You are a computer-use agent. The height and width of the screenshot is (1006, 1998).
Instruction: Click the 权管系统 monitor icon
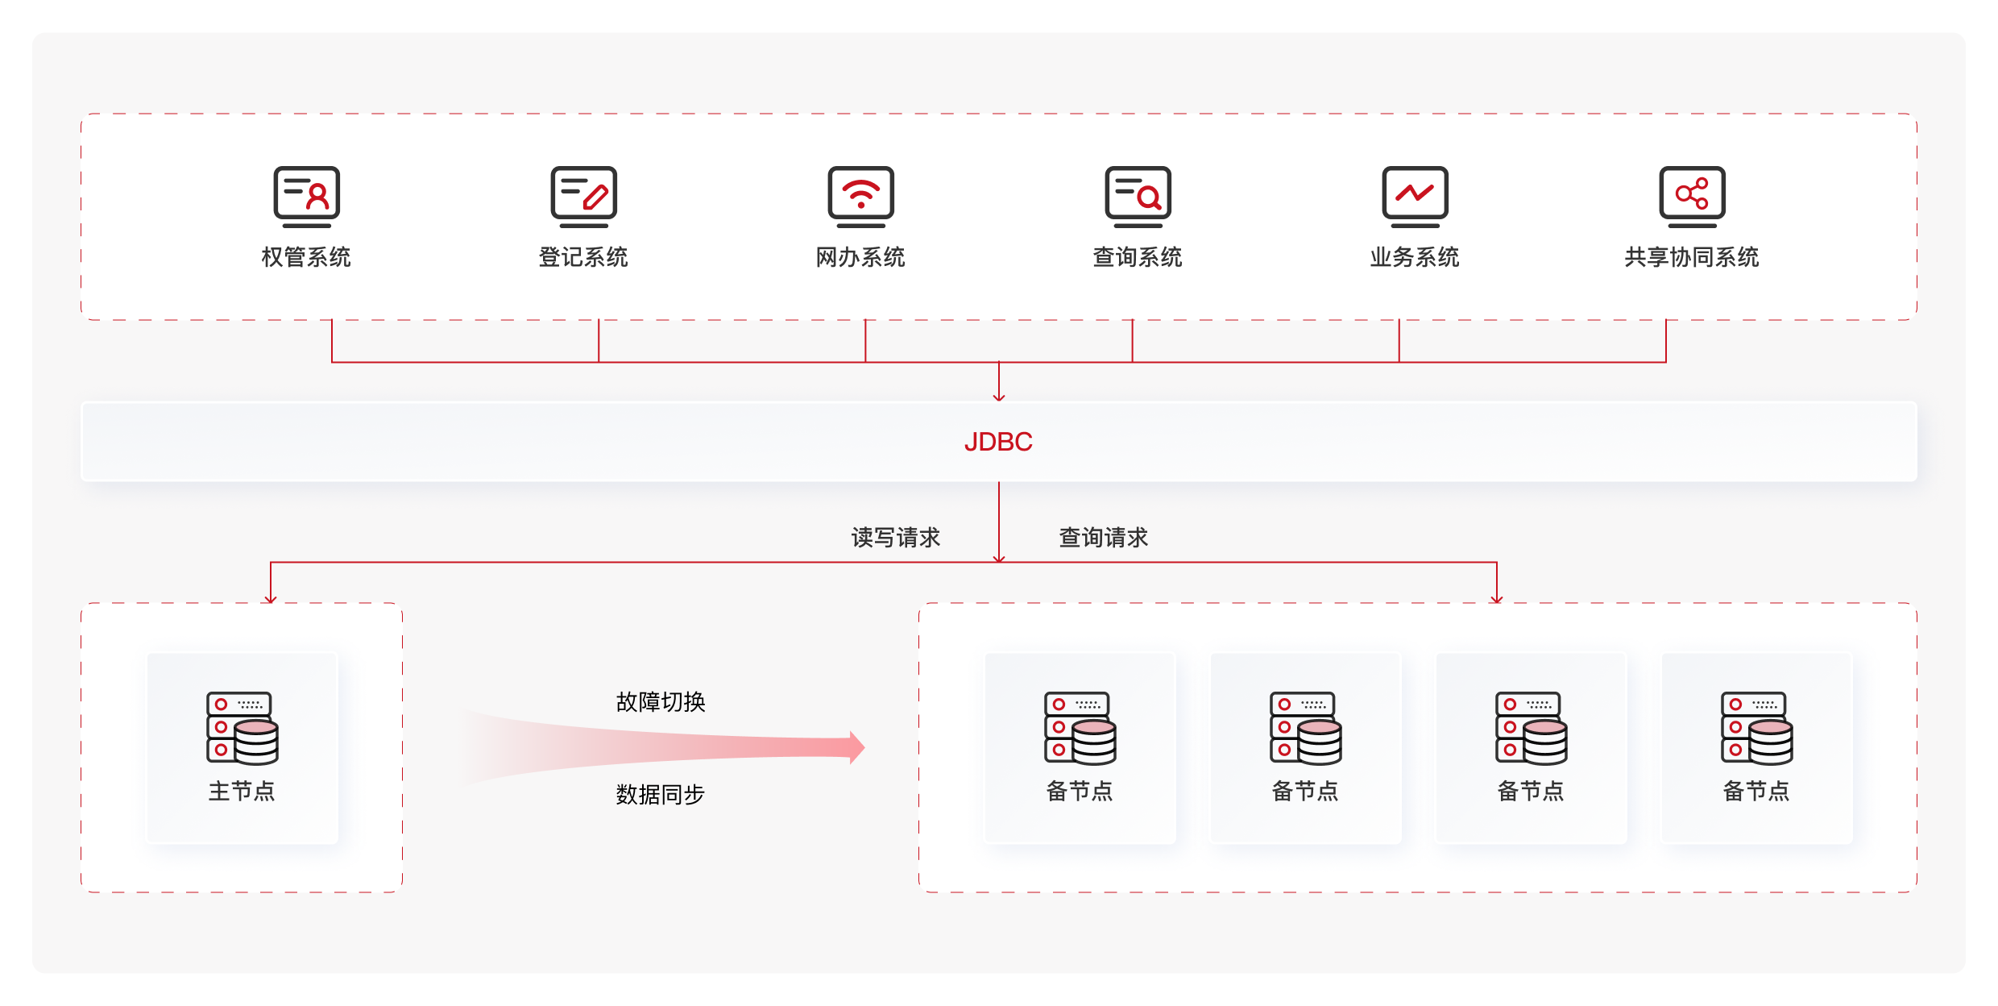pos(306,197)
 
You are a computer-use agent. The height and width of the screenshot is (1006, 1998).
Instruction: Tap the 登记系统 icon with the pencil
pos(583,197)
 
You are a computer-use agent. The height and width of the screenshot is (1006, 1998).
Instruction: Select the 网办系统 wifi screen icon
pos(860,197)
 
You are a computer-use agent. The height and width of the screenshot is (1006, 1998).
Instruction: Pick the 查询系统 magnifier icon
pos(1138,197)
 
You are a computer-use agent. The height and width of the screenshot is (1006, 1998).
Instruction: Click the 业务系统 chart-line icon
pos(1415,197)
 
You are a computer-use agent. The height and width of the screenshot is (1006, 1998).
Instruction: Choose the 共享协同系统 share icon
pos(1692,197)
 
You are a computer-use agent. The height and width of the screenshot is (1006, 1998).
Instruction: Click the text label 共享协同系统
pos(1692,257)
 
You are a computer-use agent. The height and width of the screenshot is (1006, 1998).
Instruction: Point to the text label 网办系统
pos(860,257)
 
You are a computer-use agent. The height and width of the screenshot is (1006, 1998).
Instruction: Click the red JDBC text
pos(998,442)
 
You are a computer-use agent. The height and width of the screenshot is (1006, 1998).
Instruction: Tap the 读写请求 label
pos(896,538)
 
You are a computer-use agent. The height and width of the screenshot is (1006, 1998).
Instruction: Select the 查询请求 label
pos(1104,538)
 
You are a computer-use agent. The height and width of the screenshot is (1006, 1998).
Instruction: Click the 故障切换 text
pos(661,702)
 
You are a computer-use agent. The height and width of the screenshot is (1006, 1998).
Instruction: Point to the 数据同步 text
pos(661,795)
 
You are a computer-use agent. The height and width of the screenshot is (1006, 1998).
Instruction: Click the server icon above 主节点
pos(242,728)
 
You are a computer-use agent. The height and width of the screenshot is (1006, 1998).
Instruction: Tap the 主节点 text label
pos(242,792)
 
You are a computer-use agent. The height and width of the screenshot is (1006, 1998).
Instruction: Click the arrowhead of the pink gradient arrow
pos(857,747)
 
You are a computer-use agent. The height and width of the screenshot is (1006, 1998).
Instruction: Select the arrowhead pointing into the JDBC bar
pos(999,397)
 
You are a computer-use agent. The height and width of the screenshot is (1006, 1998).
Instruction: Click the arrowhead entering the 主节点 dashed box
pos(271,599)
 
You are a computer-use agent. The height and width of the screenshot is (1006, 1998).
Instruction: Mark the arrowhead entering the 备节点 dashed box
pos(1497,599)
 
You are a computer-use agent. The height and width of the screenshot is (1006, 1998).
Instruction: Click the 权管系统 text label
pos(306,257)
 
